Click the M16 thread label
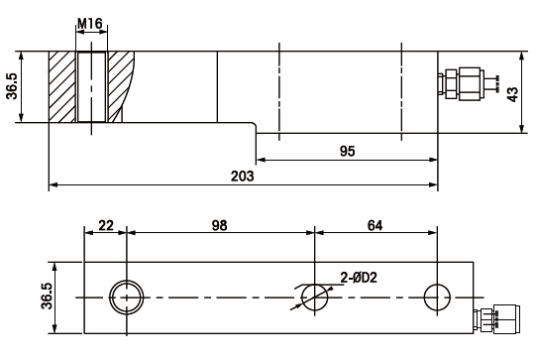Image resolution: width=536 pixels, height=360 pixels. click(90, 24)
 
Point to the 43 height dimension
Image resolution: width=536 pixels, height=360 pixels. click(512, 94)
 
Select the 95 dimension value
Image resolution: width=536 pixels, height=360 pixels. click(347, 151)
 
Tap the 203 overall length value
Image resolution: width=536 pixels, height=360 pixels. click(242, 176)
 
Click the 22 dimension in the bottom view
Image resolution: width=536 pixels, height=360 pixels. click(106, 226)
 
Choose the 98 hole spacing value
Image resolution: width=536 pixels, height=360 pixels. click(219, 226)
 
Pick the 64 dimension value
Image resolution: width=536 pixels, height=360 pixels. click(375, 226)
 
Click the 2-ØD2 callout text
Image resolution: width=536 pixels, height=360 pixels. click(359, 278)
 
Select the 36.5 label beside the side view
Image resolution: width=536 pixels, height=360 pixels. click(12, 86)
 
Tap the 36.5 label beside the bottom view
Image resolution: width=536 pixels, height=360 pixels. click(47, 296)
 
